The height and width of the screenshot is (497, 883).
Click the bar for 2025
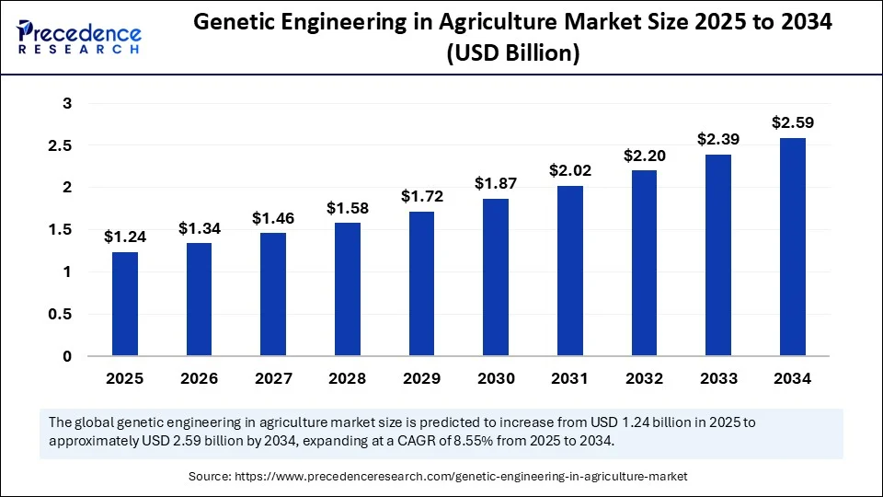click(124, 304)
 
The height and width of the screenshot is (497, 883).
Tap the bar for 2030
click(496, 277)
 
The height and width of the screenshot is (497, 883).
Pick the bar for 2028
click(347, 289)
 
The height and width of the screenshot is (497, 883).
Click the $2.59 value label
click(792, 122)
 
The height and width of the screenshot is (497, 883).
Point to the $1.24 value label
click(124, 237)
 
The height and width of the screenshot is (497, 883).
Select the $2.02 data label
click(569, 170)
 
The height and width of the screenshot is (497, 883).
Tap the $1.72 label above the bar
click(421, 196)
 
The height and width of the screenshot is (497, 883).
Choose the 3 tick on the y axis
click(66, 103)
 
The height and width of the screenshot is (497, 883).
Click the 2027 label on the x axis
click(272, 378)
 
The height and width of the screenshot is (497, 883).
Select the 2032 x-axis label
click(644, 378)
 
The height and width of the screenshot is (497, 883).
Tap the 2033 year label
click(718, 378)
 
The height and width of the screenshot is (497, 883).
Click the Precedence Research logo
click(79, 36)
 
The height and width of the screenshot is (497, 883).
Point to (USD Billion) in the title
click(512, 55)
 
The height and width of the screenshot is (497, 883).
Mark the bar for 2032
click(644, 263)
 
